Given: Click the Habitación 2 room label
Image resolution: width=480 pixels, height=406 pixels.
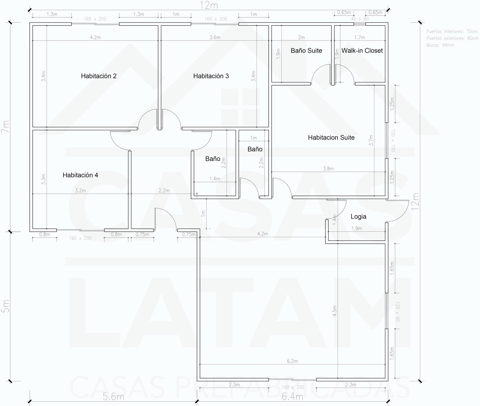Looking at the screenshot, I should (98, 76).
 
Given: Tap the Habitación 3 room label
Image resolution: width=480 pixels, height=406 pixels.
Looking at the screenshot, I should (211, 76).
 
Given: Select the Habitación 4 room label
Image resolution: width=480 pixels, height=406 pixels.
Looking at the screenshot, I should (80, 175).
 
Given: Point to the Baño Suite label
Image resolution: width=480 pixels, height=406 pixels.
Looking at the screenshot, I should (306, 51).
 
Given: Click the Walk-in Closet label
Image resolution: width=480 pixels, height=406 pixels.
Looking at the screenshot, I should (362, 51).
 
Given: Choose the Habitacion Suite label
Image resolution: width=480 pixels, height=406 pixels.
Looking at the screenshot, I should (331, 138).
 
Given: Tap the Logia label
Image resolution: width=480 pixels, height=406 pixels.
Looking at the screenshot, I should (358, 217).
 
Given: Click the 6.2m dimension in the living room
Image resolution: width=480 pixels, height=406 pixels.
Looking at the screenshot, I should (292, 361).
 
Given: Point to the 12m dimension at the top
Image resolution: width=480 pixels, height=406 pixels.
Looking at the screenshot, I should (209, 5).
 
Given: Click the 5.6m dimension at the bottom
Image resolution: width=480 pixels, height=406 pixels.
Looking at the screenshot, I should (113, 397).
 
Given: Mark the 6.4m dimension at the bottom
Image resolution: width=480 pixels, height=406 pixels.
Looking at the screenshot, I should (292, 397).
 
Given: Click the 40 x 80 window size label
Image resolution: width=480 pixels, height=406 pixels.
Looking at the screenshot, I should (360, 19).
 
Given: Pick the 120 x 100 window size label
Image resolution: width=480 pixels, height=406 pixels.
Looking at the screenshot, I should (393, 141).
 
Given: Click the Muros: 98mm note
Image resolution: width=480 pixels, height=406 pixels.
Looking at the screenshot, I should (440, 45).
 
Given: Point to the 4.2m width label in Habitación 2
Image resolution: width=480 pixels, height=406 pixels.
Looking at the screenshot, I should (95, 38).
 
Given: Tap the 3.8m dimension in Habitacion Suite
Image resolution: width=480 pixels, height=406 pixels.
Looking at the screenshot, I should (328, 169).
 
